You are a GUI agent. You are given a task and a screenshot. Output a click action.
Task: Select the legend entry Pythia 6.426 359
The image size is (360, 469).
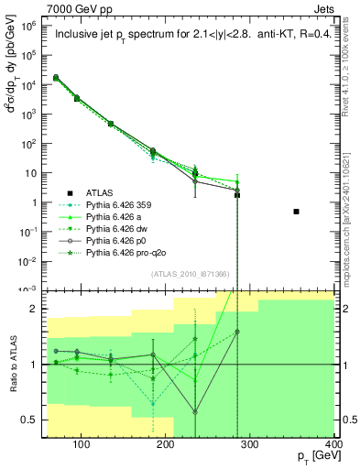click(x=116, y=206)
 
